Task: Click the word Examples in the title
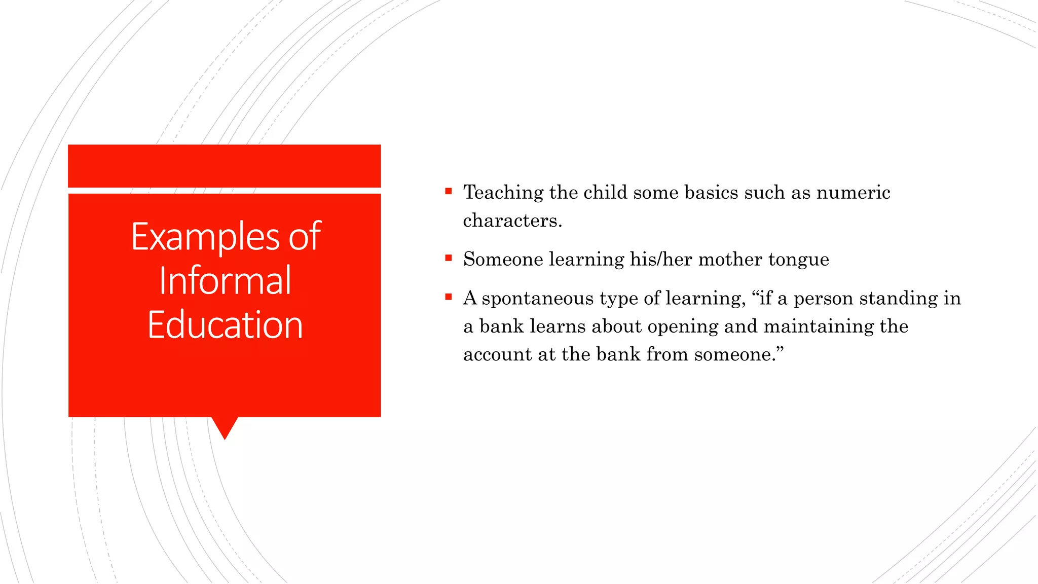[x=205, y=237]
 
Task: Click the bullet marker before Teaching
[x=448, y=191]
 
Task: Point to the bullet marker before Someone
[x=448, y=258]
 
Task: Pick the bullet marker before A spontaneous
[x=448, y=297]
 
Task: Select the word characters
[x=512, y=221]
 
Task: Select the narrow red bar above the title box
[x=224, y=166]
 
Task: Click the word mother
[x=730, y=259]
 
